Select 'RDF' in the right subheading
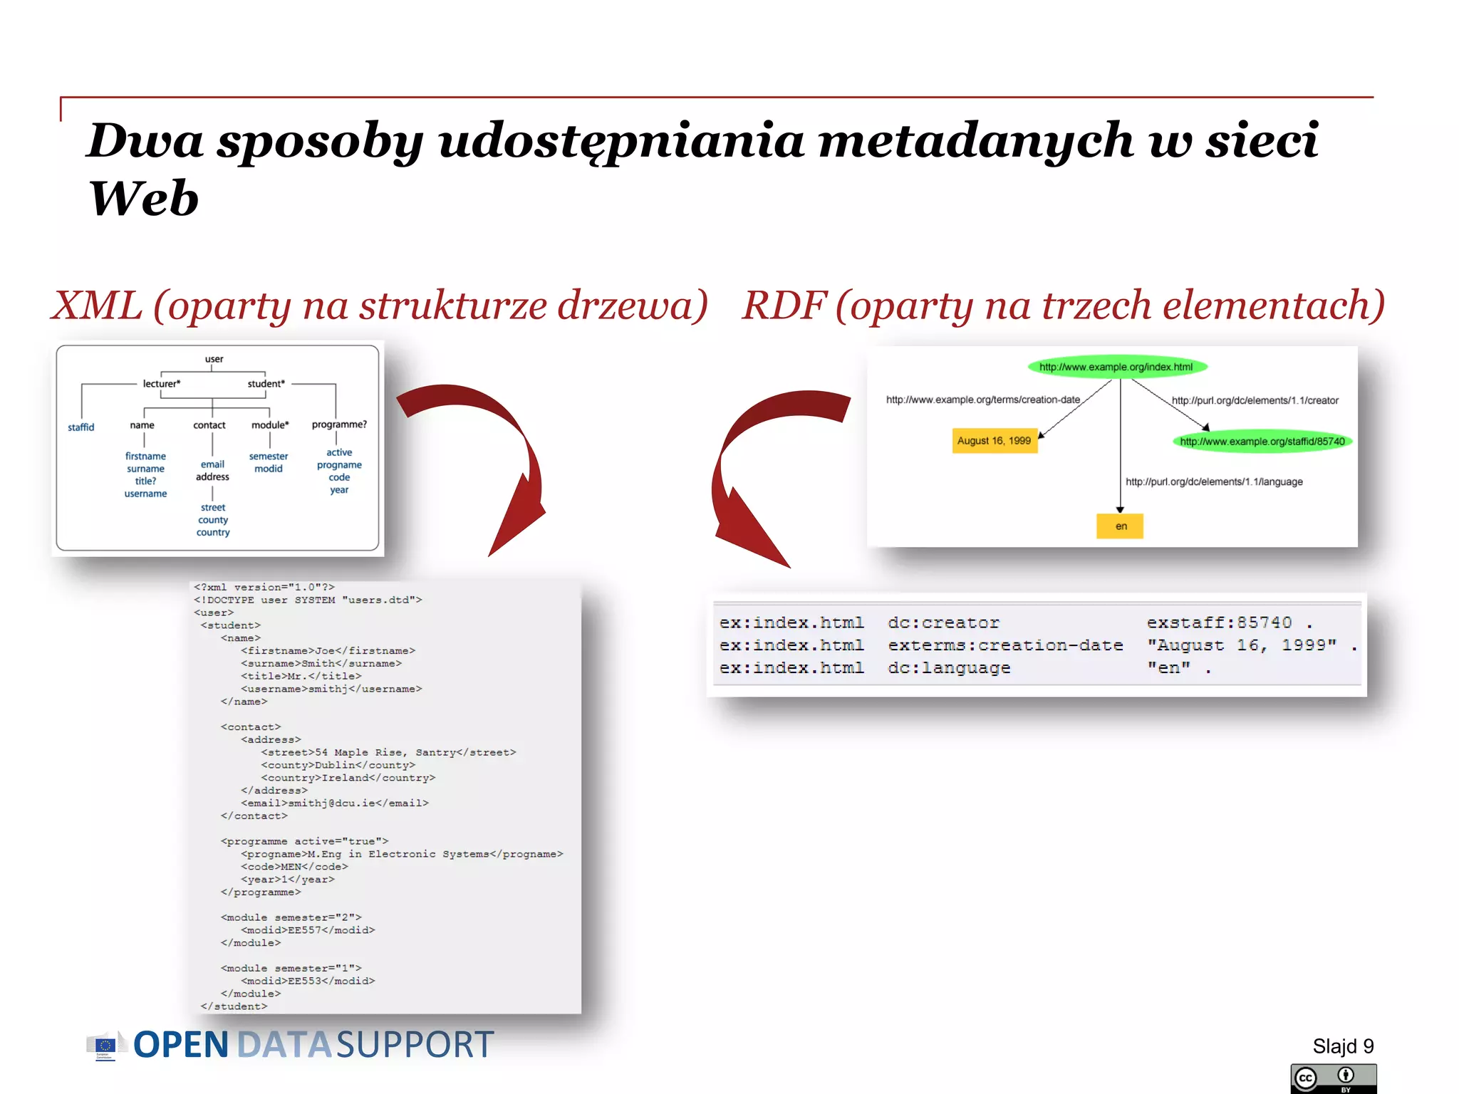(x=784, y=306)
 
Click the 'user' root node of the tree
(x=214, y=359)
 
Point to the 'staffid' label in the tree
(x=81, y=427)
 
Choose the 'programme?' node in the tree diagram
(x=339, y=424)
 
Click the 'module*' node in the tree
(x=270, y=425)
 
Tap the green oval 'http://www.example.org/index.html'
(x=1116, y=367)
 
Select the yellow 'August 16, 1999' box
(x=994, y=441)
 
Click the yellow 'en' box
(x=1121, y=526)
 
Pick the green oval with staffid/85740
(x=1262, y=442)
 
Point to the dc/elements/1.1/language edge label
(x=1214, y=482)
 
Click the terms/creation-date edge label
(x=982, y=400)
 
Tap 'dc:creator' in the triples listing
(x=943, y=623)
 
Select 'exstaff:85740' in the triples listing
(x=1219, y=623)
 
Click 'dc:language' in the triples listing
(x=949, y=668)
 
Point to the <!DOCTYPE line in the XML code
(x=308, y=600)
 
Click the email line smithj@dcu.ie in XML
(x=335, y=803)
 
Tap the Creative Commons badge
(x=1333, y=1078)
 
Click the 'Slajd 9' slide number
(x=1342, y=1046)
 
